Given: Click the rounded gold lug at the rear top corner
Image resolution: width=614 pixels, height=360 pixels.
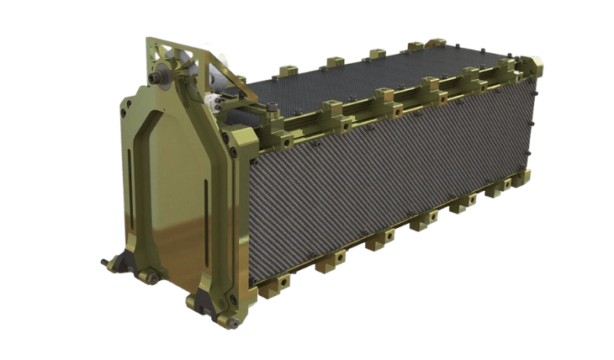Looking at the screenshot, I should click(x=533, y=64).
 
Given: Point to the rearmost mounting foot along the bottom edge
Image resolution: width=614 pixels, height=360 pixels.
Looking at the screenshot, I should click(x=522, y=176).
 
